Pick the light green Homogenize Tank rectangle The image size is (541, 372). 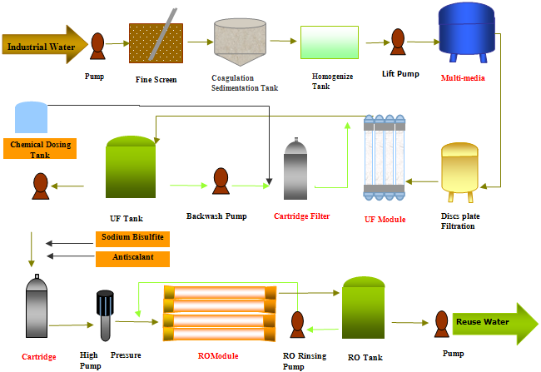(329, 42)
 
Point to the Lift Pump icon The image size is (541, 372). (397, 41)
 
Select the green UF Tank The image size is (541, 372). (132, 169)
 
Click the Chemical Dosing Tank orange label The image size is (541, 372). (40, 150)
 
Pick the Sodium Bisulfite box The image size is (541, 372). (132, 238)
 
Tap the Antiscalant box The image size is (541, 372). (132, 258)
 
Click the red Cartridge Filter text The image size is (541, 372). (301, 216)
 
